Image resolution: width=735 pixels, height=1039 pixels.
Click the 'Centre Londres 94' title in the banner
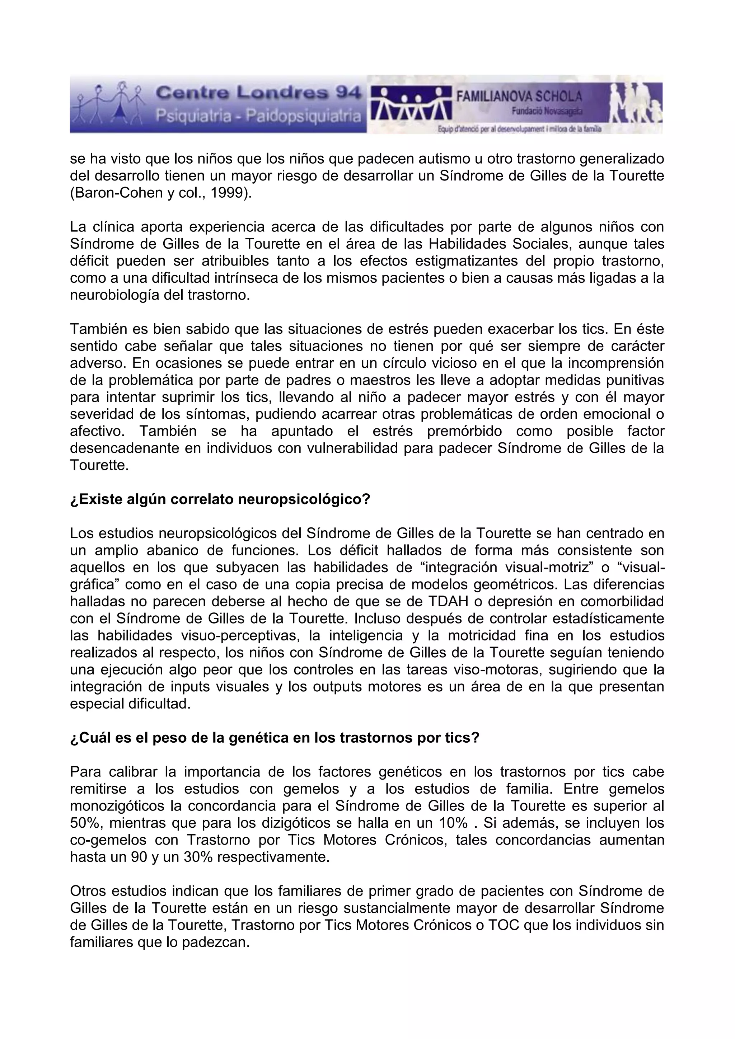(258, 93)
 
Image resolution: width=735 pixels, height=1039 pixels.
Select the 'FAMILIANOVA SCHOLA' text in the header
(519, 96)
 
